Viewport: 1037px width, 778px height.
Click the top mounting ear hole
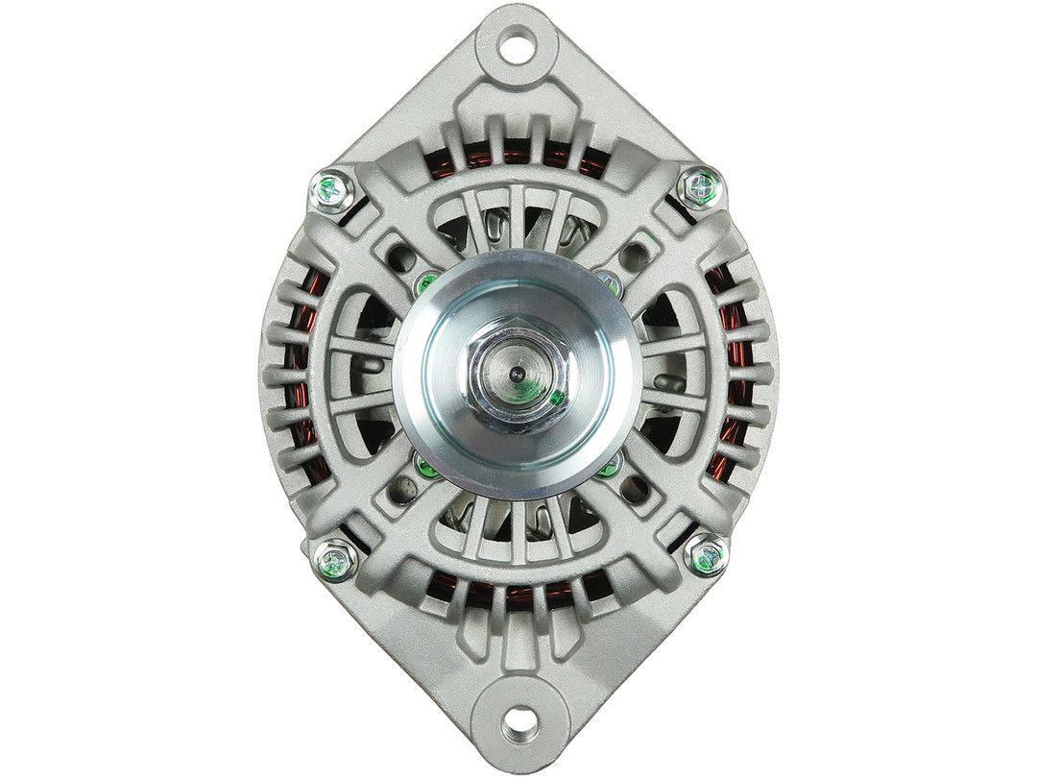pos(519,41)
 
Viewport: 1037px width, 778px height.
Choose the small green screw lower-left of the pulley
pos(425,469)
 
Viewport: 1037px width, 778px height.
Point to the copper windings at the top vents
pos(518,154)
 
